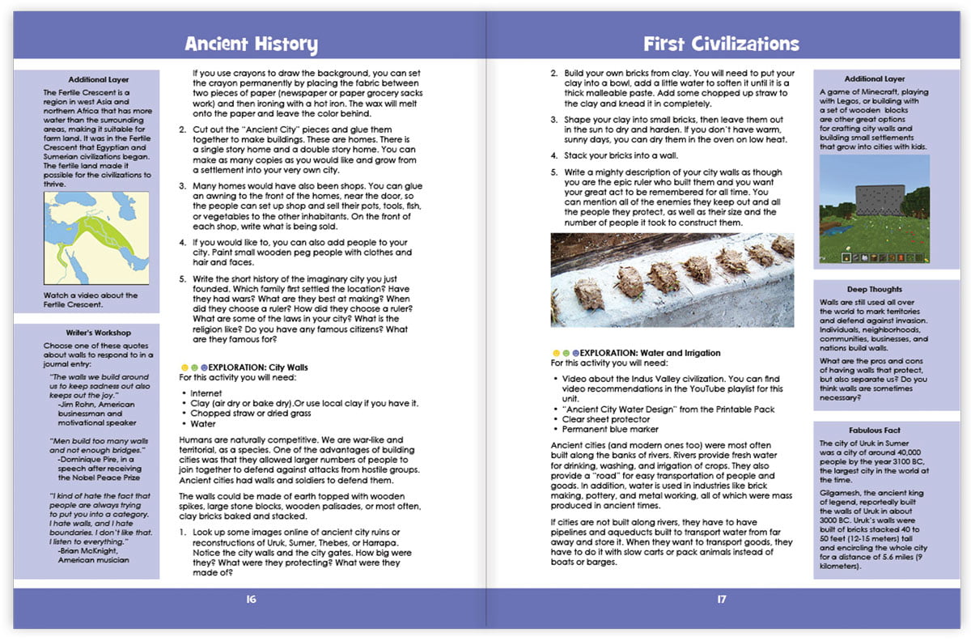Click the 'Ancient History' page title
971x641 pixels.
point(251,44)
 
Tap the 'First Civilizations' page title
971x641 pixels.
point(721,44)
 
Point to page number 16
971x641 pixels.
point(251,600)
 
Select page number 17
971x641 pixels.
point(721,600)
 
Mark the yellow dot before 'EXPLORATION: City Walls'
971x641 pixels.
point(183,367)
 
